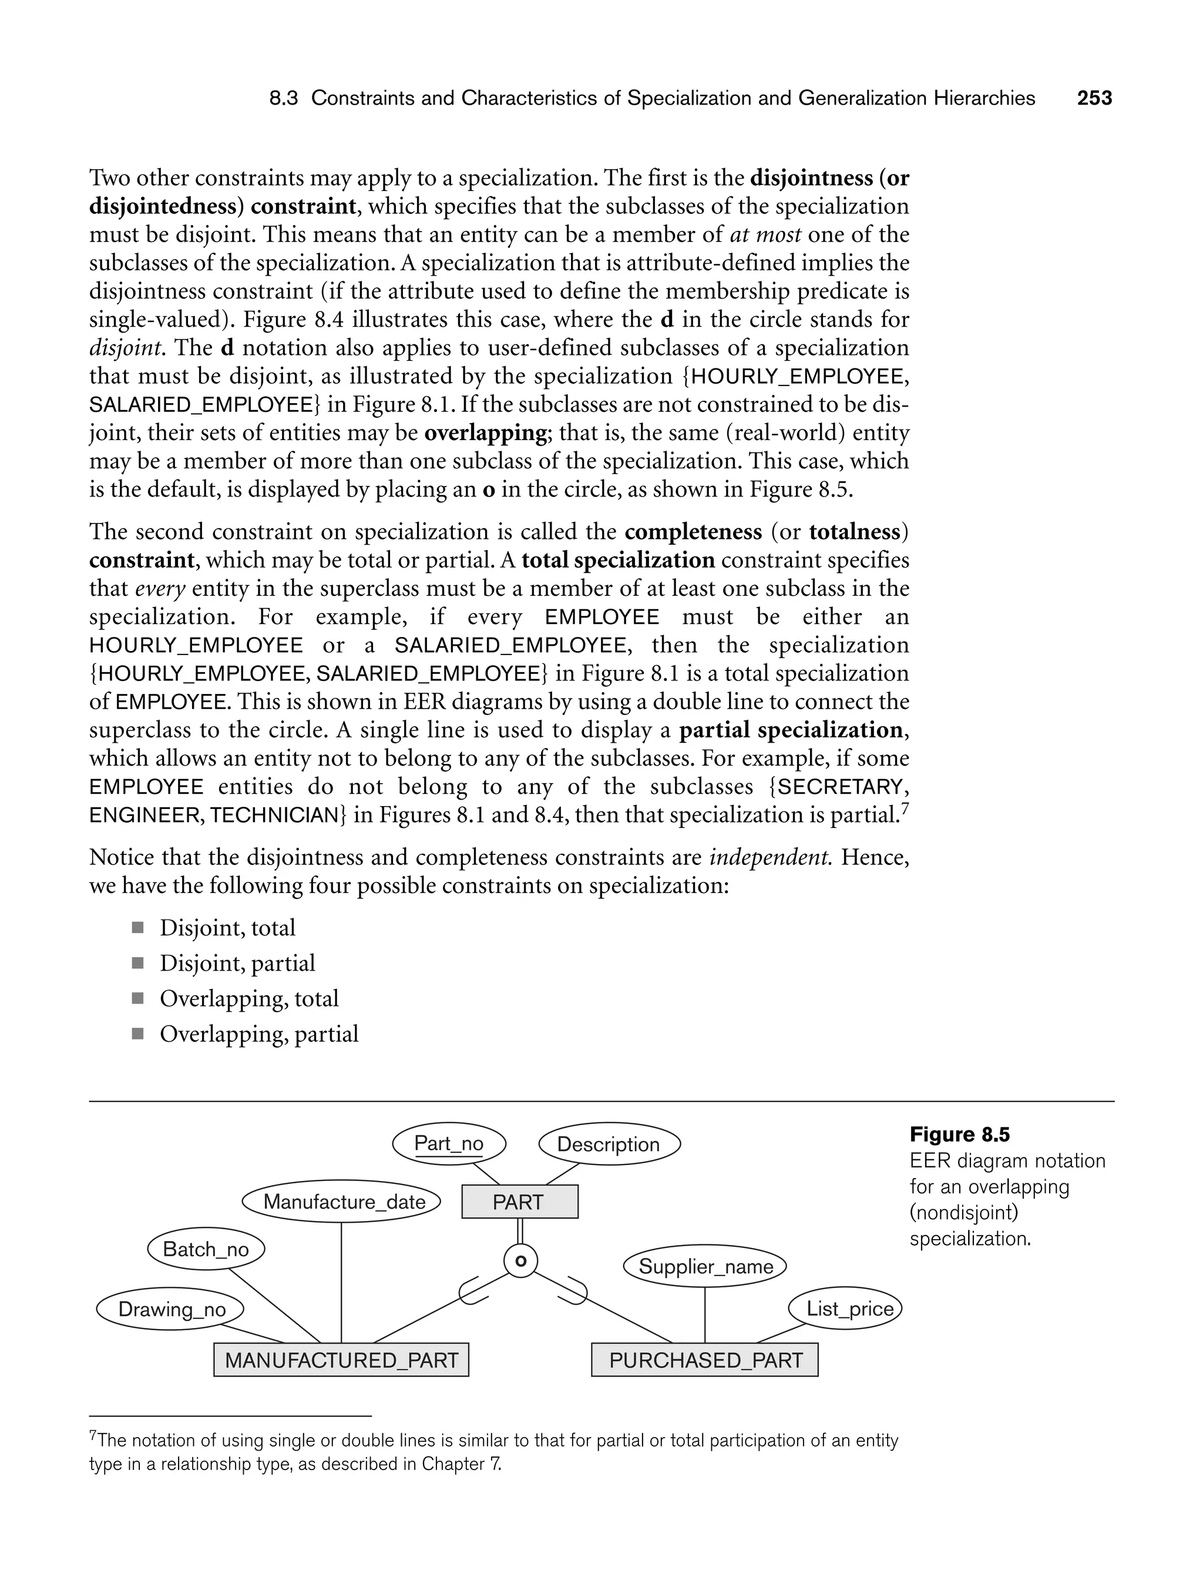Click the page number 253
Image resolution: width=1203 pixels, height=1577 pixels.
[x=1094, y=98]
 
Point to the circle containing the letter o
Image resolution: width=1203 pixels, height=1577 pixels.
[x=520, y=1261]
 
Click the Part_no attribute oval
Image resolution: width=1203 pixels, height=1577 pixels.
[x=449, y=1144]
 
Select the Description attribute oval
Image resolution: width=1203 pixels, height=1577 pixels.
[x=609, y=1145]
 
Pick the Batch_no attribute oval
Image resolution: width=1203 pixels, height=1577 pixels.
[x=206, y=1249]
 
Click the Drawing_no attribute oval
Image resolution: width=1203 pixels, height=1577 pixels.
[x=170, y=1309]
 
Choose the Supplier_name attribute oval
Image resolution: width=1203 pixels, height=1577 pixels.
[x=705, y=1266]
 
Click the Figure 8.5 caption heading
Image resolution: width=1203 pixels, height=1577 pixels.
[x=960, y=1135]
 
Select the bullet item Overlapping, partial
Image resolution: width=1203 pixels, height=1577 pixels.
[x=258, y=1034]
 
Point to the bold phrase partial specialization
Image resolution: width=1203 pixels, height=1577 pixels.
[x=791, y=730]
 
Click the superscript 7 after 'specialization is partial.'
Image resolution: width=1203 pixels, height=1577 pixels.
[x=905, y=808]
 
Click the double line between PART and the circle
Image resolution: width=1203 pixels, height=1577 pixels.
[x=520, y=1232]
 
